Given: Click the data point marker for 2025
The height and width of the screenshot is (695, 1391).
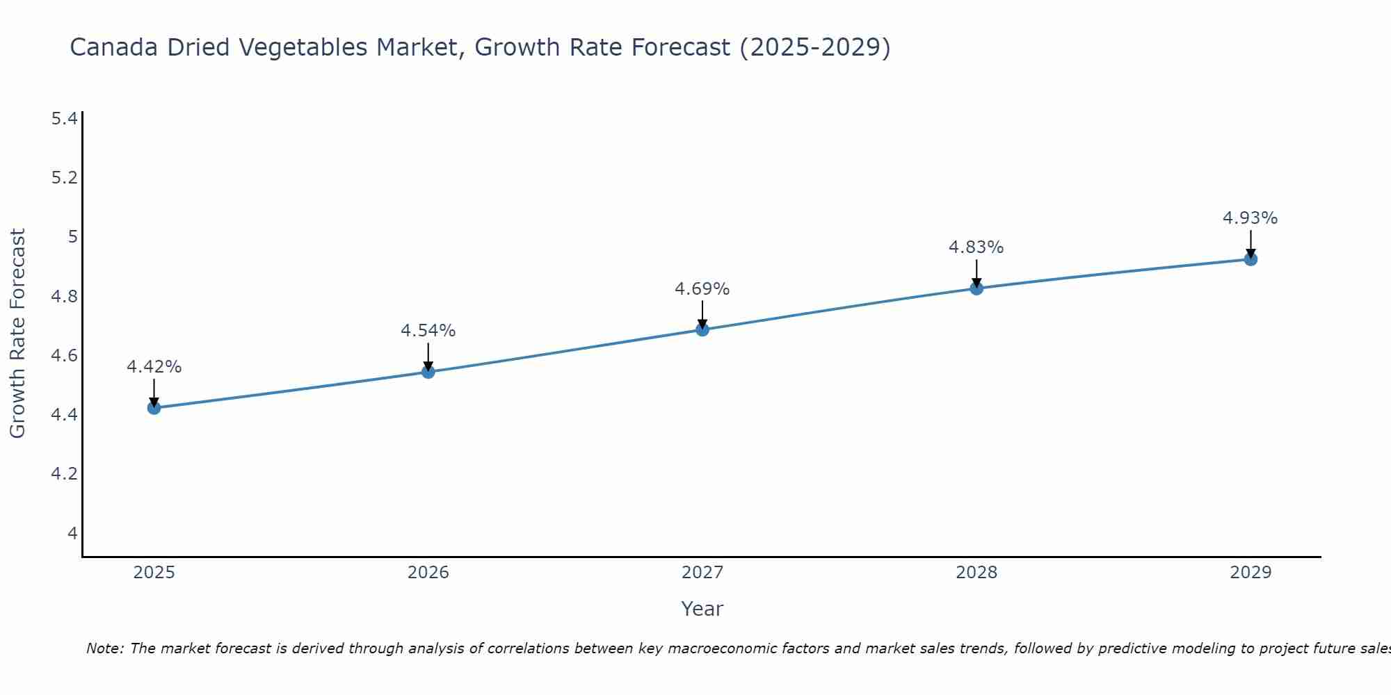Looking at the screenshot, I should coord(154,408).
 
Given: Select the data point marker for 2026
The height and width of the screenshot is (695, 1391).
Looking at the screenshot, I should coord(428,372).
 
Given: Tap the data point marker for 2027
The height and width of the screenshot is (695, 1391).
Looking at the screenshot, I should coord(702,329).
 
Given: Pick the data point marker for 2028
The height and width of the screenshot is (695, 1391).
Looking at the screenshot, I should coord(976,288).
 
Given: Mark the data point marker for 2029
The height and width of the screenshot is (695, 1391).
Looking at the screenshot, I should coord(1251,259).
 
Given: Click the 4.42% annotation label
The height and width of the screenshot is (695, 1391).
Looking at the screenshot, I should coord(154,367).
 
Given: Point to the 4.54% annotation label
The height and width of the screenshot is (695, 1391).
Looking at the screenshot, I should coord(428,331).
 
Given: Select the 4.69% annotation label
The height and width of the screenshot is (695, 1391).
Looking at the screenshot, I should coord(702,289).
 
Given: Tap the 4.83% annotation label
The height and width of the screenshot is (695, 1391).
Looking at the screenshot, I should coord(976,247).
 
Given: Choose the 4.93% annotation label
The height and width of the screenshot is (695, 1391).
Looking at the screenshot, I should coord(1251,218).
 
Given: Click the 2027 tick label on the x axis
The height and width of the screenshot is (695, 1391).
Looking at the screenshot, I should coord(702,573).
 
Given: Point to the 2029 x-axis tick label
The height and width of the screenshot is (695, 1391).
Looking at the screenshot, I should coord(1251,573).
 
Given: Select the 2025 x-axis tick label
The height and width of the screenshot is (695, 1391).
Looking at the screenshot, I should coord(154,573).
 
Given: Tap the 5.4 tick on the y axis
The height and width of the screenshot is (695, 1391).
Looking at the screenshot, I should coord(64,119).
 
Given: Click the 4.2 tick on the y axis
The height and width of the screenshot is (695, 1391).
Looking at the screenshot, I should coord(64,474).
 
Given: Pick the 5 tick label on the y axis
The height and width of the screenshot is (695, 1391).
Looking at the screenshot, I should coord(72,237).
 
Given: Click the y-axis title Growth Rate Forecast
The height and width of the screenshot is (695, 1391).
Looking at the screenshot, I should coord(18,334).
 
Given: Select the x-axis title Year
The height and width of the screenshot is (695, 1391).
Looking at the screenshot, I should coord(702,609).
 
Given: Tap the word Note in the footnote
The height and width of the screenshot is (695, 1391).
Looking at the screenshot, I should coord(104,648).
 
